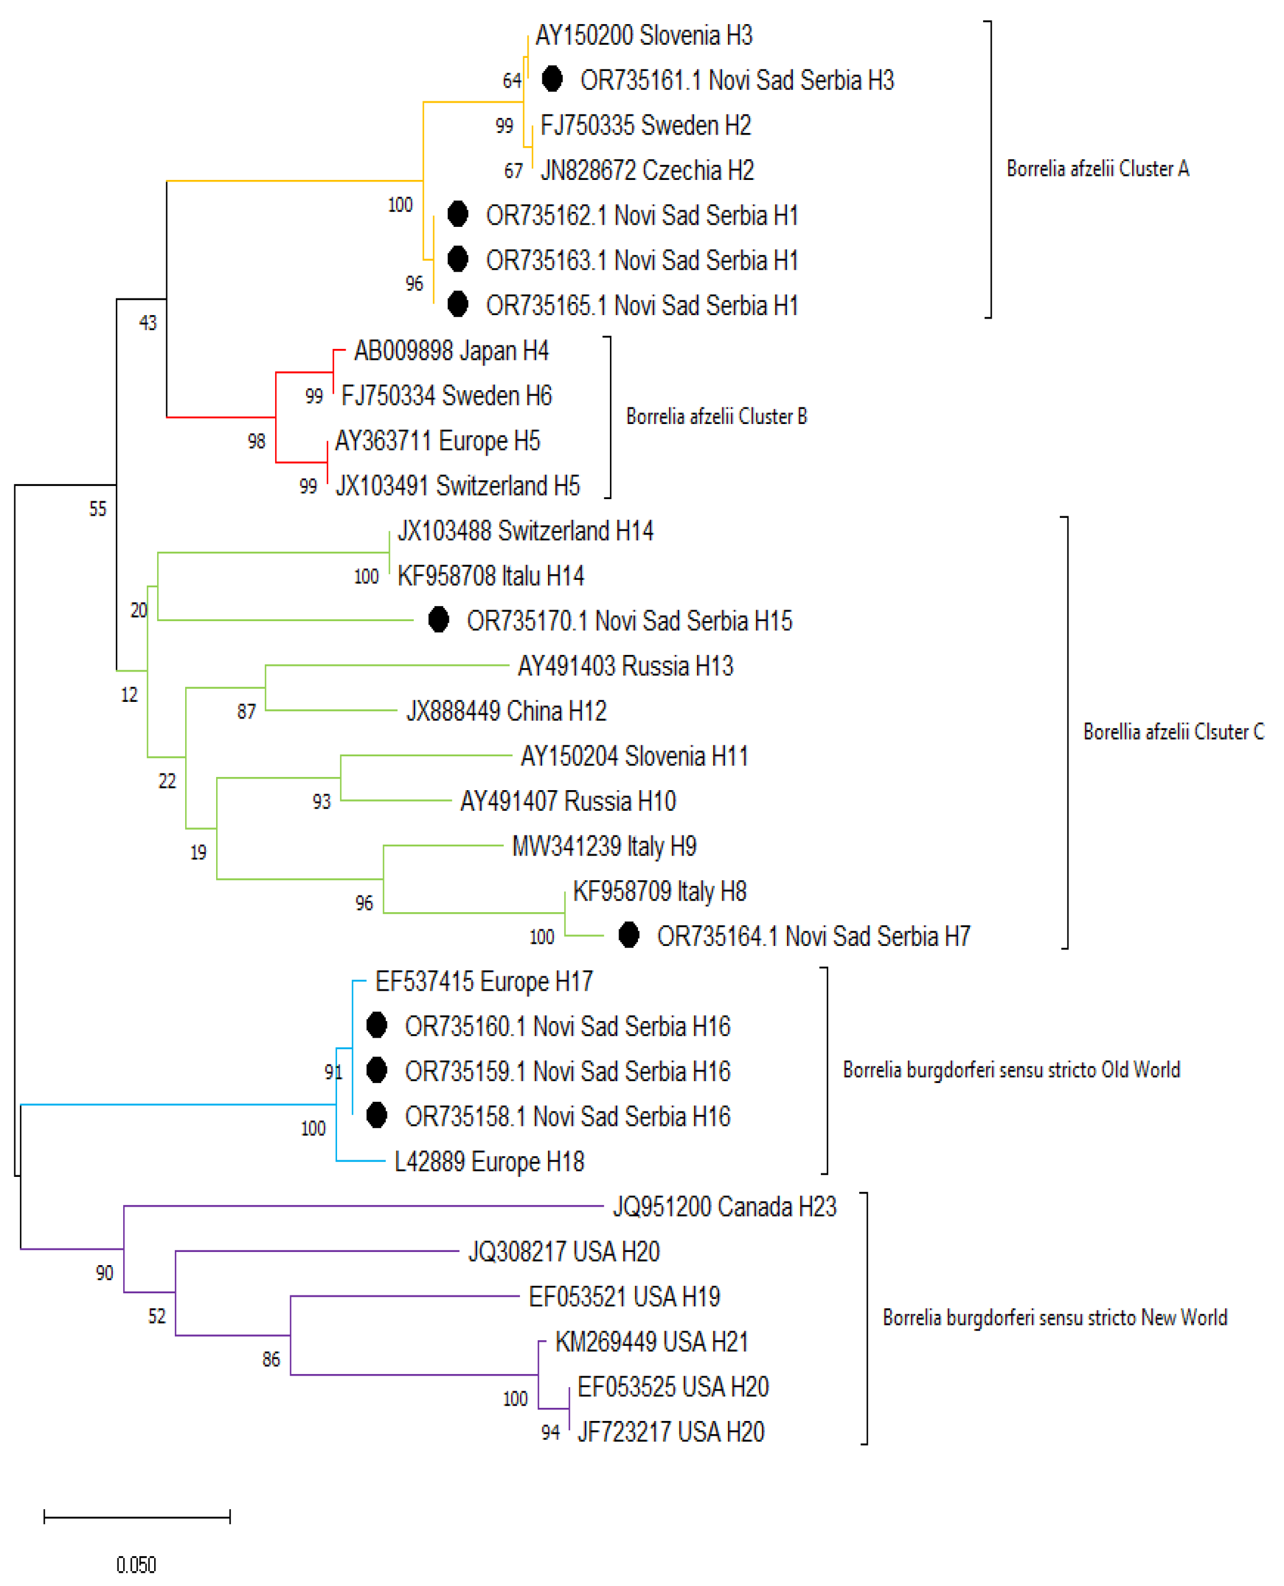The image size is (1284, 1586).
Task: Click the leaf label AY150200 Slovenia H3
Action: coord(644,36)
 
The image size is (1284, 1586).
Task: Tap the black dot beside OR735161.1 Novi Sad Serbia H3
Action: coord(552,78)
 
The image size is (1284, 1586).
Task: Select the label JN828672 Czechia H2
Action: coord(647,171)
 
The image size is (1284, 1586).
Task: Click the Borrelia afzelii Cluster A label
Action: coord(1098,170)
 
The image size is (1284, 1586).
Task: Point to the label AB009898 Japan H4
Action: coord(451,351)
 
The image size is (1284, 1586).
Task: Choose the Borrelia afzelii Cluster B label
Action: coord(716,417)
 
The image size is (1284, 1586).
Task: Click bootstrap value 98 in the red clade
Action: coord(256,441)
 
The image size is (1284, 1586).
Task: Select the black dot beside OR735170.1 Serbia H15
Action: coord(439,619)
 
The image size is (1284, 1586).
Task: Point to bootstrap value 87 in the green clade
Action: coord(246,711)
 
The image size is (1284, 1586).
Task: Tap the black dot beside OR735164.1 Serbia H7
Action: coord(629,935)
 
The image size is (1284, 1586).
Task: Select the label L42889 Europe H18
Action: coord(489,1161)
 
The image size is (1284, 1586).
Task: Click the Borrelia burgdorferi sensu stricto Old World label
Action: coord(1011,1070)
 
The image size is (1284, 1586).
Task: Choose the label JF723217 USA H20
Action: coord(671,1432)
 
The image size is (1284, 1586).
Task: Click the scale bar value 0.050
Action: coord(136,1565)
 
